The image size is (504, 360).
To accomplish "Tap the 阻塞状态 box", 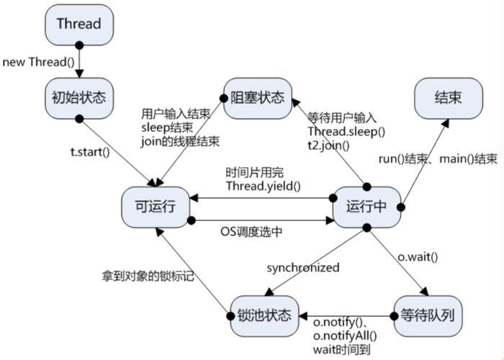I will (x=257, y=96).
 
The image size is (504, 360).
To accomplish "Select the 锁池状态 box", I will (x=264, y=315).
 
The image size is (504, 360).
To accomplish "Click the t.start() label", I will (x=89, y=152).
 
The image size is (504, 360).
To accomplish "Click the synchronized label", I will (x=302, y=267).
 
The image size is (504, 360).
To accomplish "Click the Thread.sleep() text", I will (x=346, y=132).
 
